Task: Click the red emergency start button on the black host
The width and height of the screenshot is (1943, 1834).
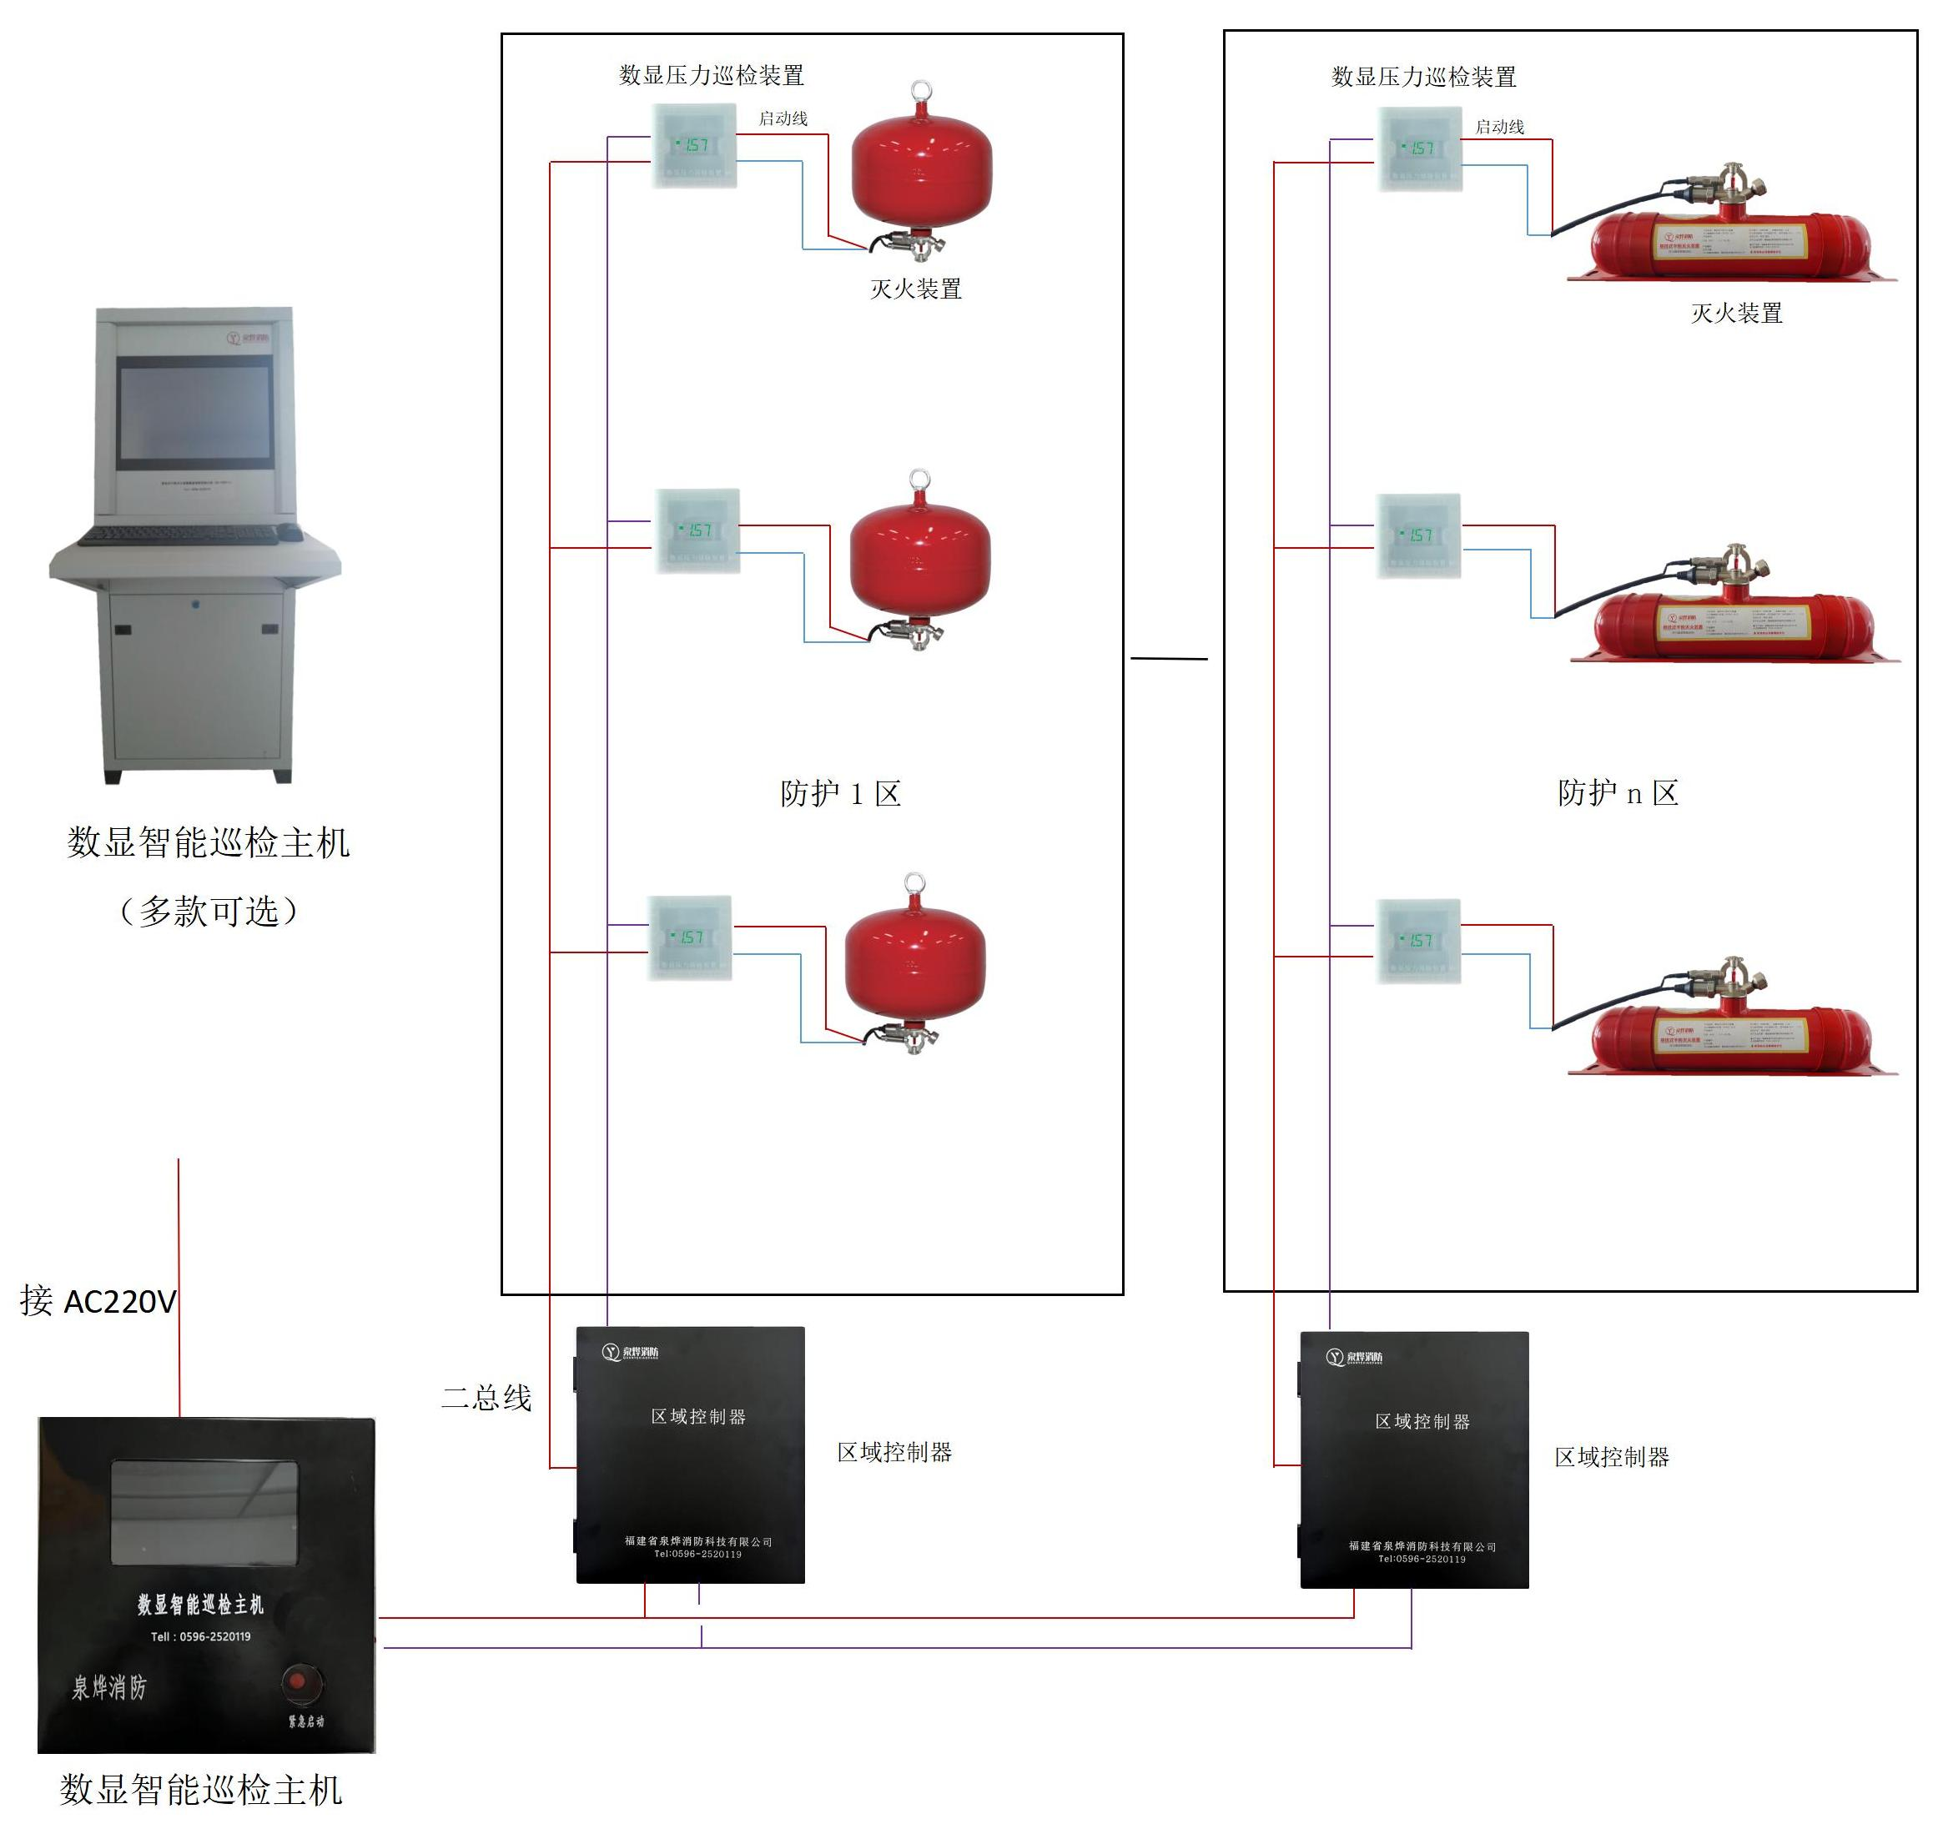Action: click(301, 1683)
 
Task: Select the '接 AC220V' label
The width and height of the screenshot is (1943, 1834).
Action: click(98, 1302)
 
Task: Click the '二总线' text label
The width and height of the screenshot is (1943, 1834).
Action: click(486, 1398)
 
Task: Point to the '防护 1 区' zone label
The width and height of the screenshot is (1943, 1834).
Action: click(840, 793)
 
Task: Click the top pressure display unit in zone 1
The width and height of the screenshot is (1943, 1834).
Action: click(694, 146)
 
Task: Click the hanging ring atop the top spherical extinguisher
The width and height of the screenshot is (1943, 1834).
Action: click(920, 92)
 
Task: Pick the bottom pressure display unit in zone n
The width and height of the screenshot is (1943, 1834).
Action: click(1418, 941)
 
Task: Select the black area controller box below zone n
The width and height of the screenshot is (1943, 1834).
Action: click(1414, 1459)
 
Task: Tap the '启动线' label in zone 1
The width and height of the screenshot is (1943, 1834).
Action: click(783, 118)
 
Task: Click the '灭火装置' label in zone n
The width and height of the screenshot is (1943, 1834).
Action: click(1737, 313)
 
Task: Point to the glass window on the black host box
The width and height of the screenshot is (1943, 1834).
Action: click(204, 1512)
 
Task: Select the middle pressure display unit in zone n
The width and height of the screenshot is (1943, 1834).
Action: click(1418, 535)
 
